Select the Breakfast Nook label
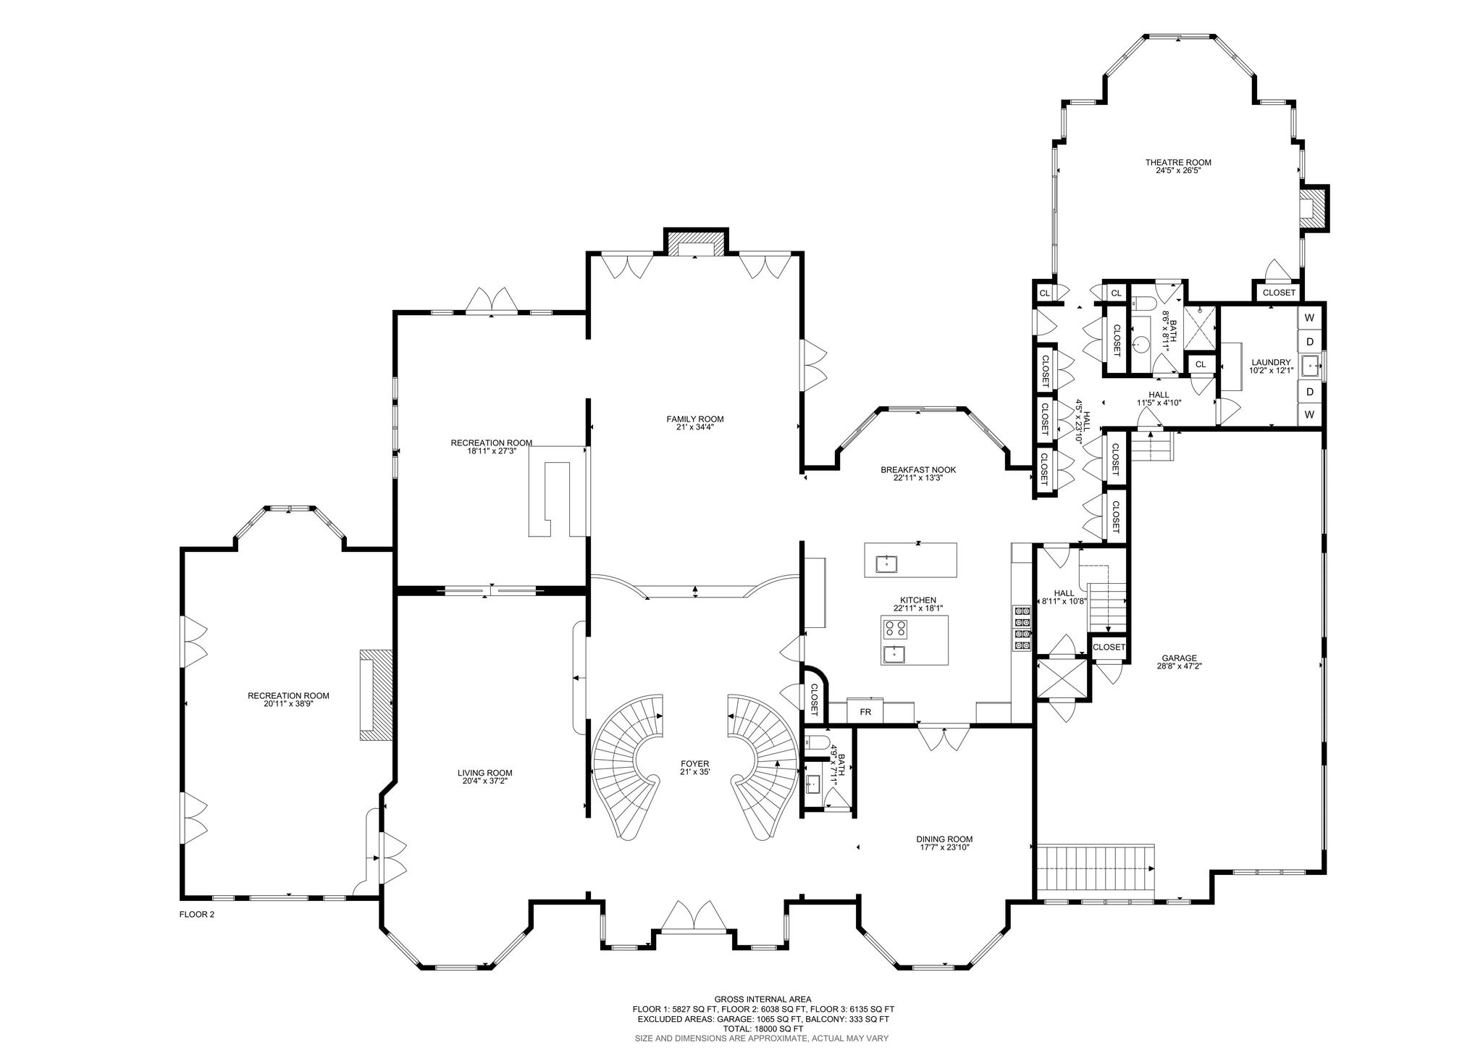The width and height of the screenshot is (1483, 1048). (x=918, y=469)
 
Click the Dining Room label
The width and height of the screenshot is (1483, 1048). (x=944, y=839)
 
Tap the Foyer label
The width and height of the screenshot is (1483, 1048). (x=695, y=763)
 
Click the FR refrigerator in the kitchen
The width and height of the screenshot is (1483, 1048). (x=865, y=711)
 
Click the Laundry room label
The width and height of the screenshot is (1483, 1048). (x=1271, y=362)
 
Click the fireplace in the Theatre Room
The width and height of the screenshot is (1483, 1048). (x=1314, y=209)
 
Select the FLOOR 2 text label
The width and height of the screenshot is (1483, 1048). (x=197, y=914)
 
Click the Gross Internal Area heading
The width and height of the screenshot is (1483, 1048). (x=763, y=997)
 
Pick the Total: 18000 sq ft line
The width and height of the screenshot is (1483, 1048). (x=763, y=1028)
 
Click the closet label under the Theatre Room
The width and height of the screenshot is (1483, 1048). (x=1279, y=293)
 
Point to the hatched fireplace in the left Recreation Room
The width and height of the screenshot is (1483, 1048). (x=377, y=695)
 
